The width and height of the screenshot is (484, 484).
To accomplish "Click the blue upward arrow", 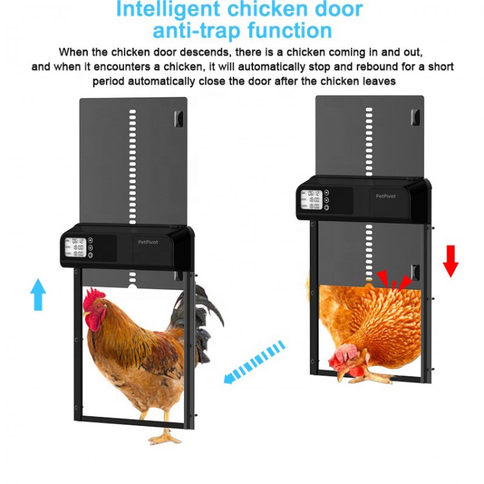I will coord(39,294).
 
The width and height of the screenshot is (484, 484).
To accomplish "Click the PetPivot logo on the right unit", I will coord(386,196).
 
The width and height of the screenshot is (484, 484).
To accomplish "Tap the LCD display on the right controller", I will coord(313,200).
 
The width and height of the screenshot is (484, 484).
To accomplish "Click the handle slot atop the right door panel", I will coord(414,117).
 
